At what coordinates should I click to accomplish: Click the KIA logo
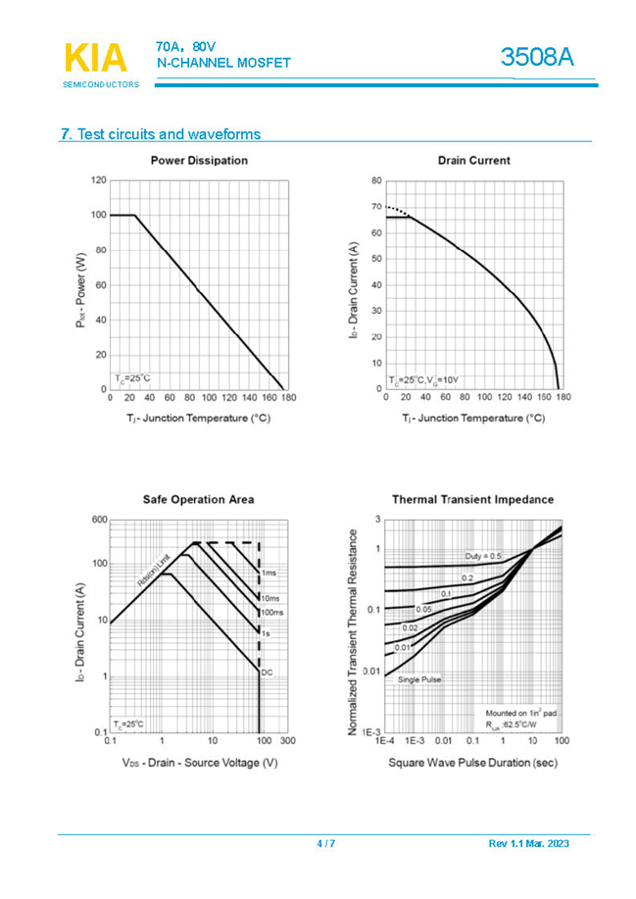point(95,58)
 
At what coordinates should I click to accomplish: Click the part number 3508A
point(536,58)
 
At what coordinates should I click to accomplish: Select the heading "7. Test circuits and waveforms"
point(161,134)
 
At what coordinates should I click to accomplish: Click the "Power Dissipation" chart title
point(199,160)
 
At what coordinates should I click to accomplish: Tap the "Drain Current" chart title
point(473,160)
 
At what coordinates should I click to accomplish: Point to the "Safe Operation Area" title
point(199,499)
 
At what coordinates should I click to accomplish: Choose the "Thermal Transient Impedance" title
point(473,499)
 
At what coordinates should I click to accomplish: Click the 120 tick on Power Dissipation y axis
point(98,180)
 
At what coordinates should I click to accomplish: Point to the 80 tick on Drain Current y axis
point(376,180)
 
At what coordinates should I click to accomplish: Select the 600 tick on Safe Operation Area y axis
point(98,520)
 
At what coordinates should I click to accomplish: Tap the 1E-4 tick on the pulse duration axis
point(385,742)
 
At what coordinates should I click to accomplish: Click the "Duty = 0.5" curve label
point(483,556)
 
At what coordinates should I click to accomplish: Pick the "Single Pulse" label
point(418,678)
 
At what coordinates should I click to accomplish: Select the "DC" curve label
point(266,672)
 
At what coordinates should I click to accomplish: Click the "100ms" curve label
point(271,612)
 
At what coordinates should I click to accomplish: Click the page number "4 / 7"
point(325,844)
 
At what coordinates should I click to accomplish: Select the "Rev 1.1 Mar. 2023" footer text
point(528,844)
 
